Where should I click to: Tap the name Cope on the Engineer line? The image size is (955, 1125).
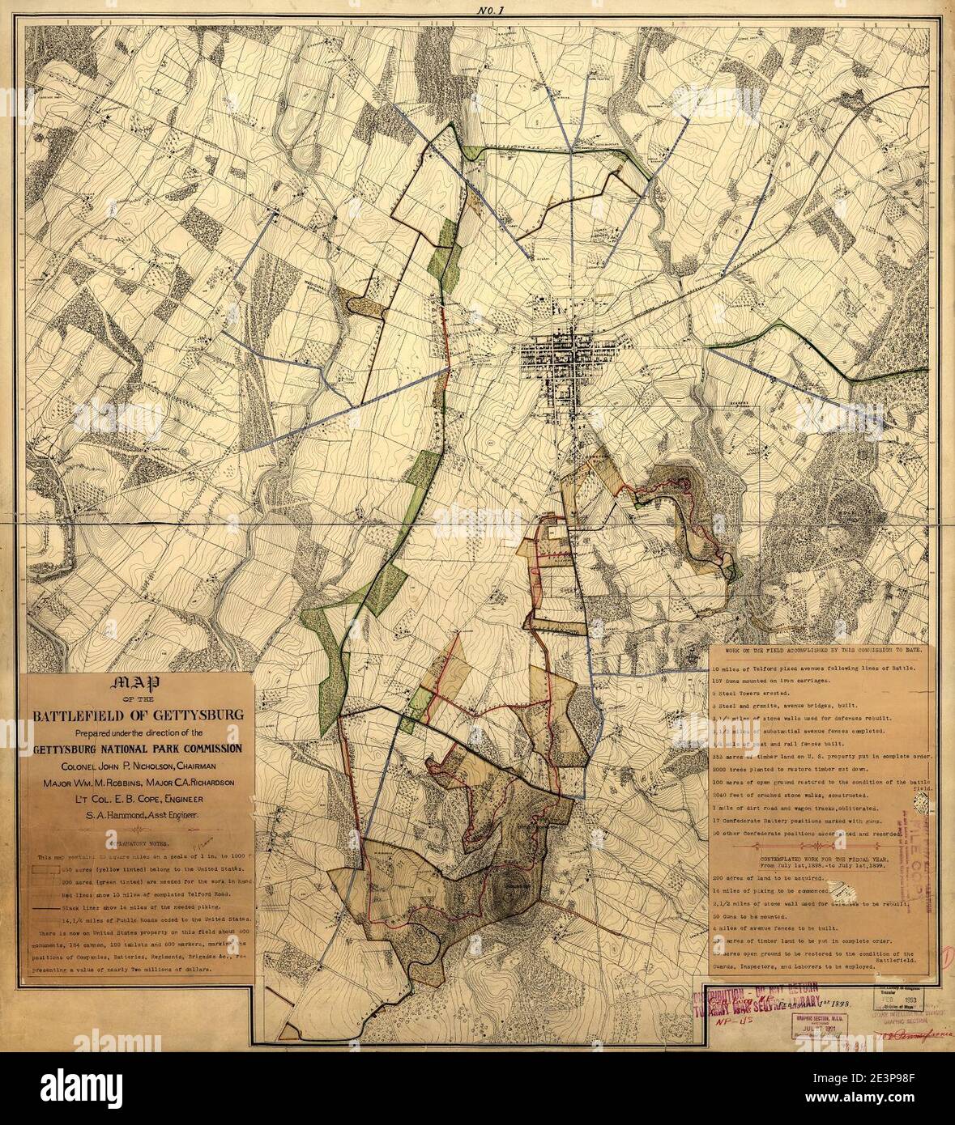(x=140, y=800)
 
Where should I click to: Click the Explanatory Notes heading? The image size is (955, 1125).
(x=134, y=843)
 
